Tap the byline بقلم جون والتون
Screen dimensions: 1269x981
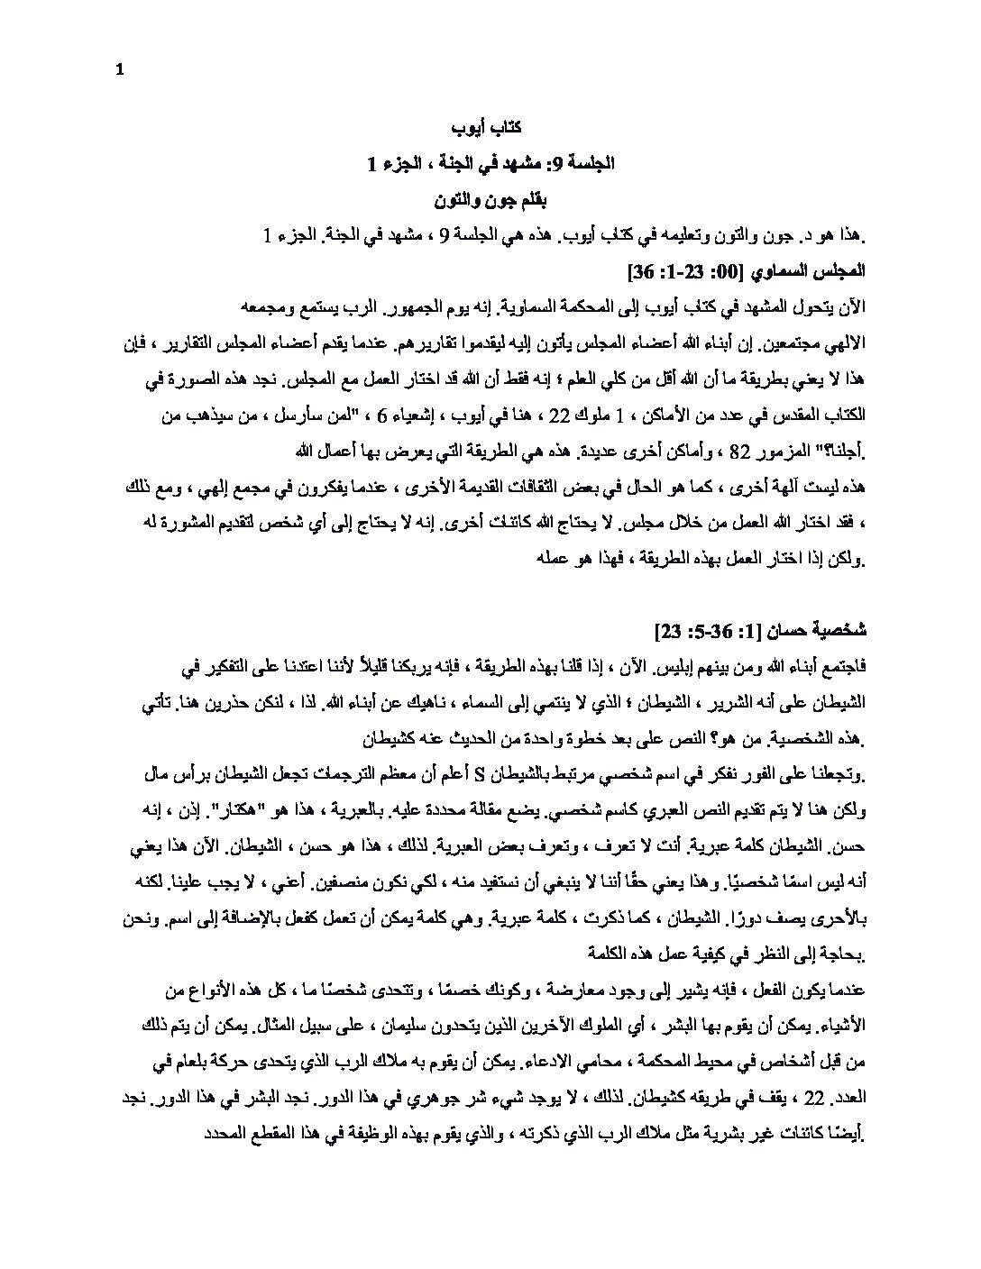pos(490,197)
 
